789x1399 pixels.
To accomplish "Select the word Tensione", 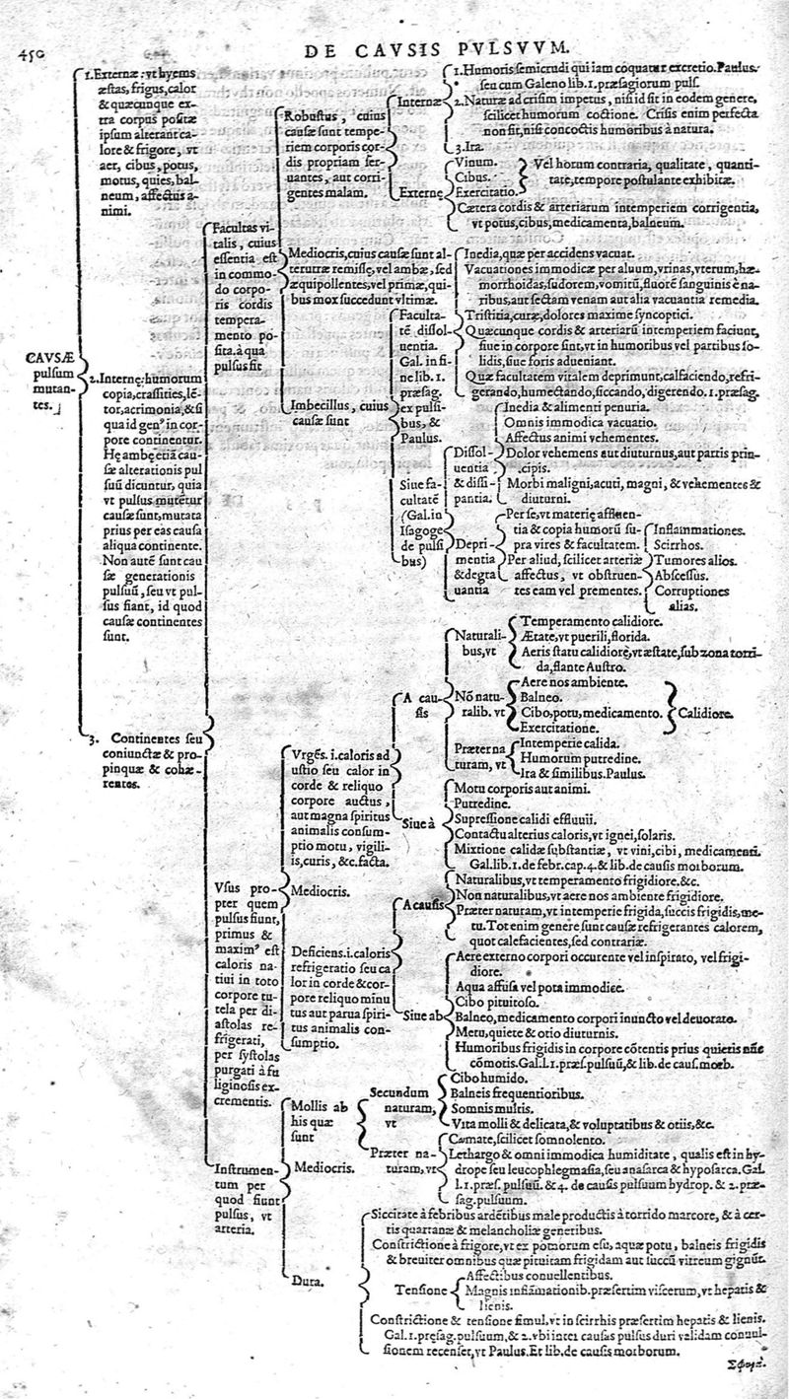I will click(x=421, y=1288).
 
